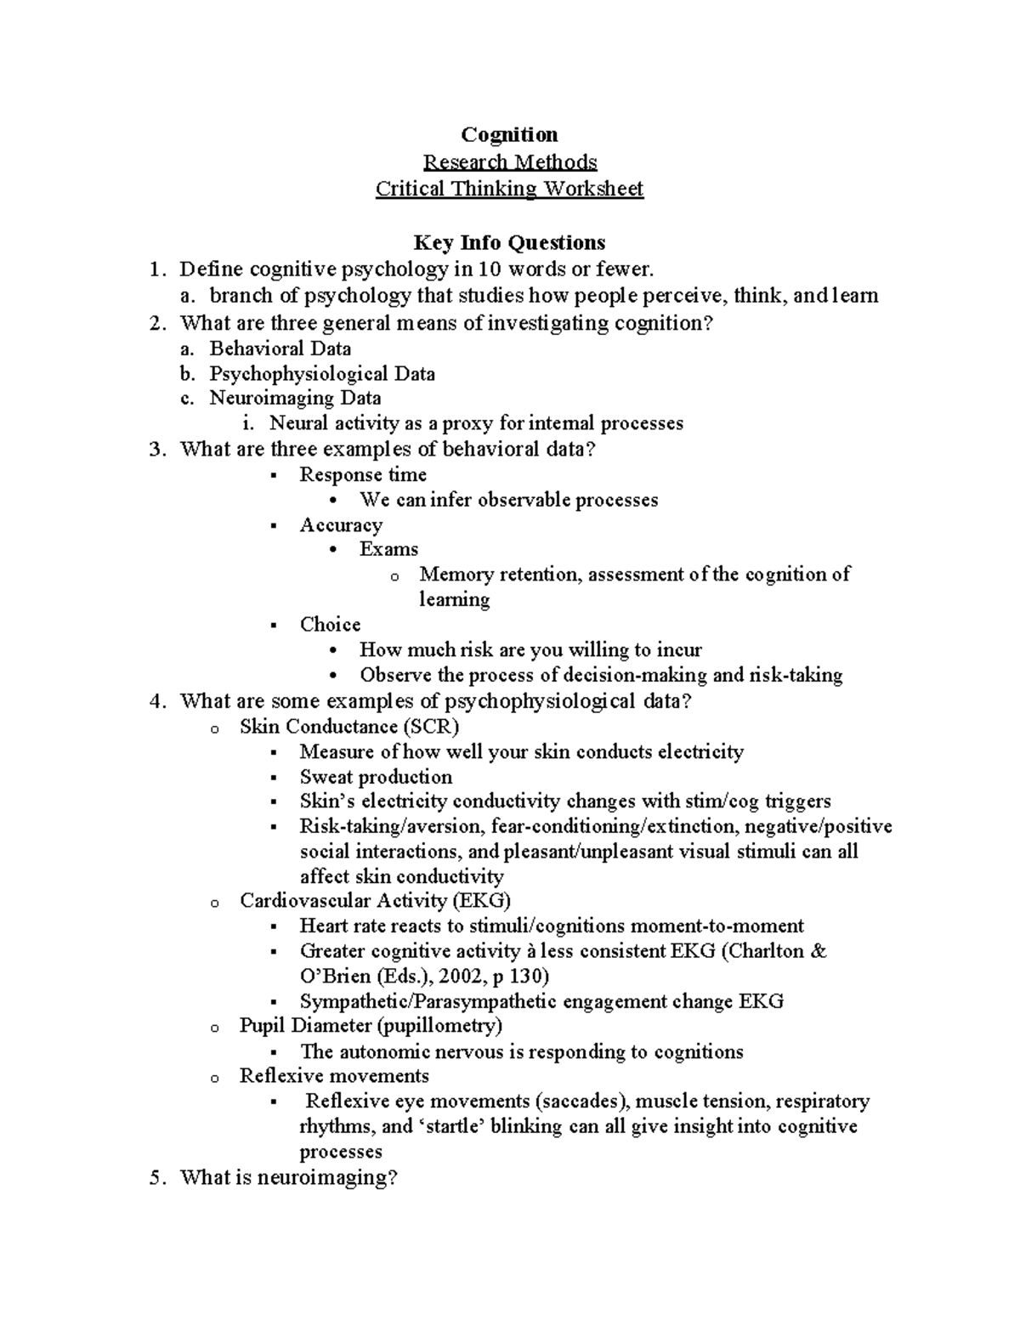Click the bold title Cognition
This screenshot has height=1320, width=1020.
pos(509,135)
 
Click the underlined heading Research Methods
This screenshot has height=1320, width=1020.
pos(510,161)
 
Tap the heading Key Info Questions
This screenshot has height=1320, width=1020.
pos(509,243)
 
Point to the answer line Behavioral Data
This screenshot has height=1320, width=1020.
pos(280,348)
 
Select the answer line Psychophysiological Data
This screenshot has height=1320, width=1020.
pos(322,374)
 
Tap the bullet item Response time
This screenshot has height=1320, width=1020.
pos(363,474)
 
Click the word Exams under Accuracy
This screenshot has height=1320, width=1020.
pos(388,549)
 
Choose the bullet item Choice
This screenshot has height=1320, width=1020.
pos(330,625)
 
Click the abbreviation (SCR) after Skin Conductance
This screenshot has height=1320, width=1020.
pos(431,727)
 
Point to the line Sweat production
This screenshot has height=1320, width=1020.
pos(376,777)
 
